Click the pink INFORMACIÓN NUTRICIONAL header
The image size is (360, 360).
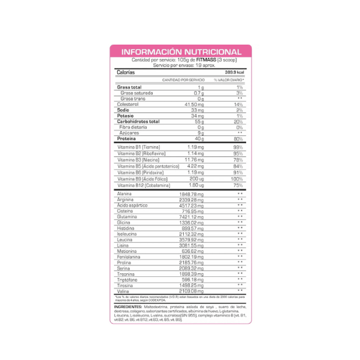(180, 52)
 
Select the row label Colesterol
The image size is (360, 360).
(128, 104)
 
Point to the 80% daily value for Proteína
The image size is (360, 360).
(238, 139)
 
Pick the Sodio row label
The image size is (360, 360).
(123, 110)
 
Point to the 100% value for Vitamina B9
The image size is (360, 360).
(237, 179)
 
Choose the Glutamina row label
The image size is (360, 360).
(127, 217)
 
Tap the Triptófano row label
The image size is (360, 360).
(127, 280)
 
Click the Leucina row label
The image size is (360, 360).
(125, 240)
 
